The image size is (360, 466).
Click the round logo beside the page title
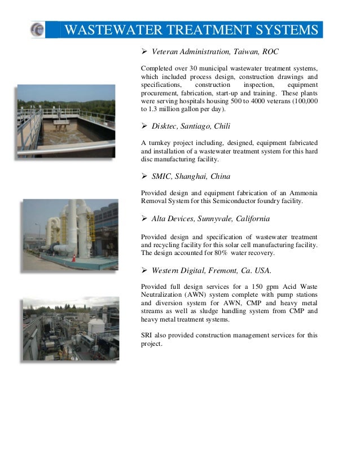[38, 30]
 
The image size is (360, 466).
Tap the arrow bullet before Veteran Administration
[144, 52]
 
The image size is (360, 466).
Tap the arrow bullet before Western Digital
[144, 269]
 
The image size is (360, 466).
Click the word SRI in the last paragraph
[148, 335]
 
